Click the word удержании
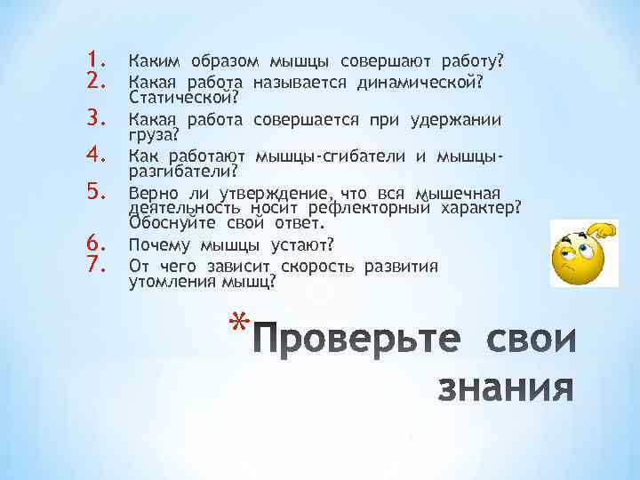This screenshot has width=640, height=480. pyautogui.click(x=457, y=120)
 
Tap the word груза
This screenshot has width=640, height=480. pyautogui.click(x=153, y=134)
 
